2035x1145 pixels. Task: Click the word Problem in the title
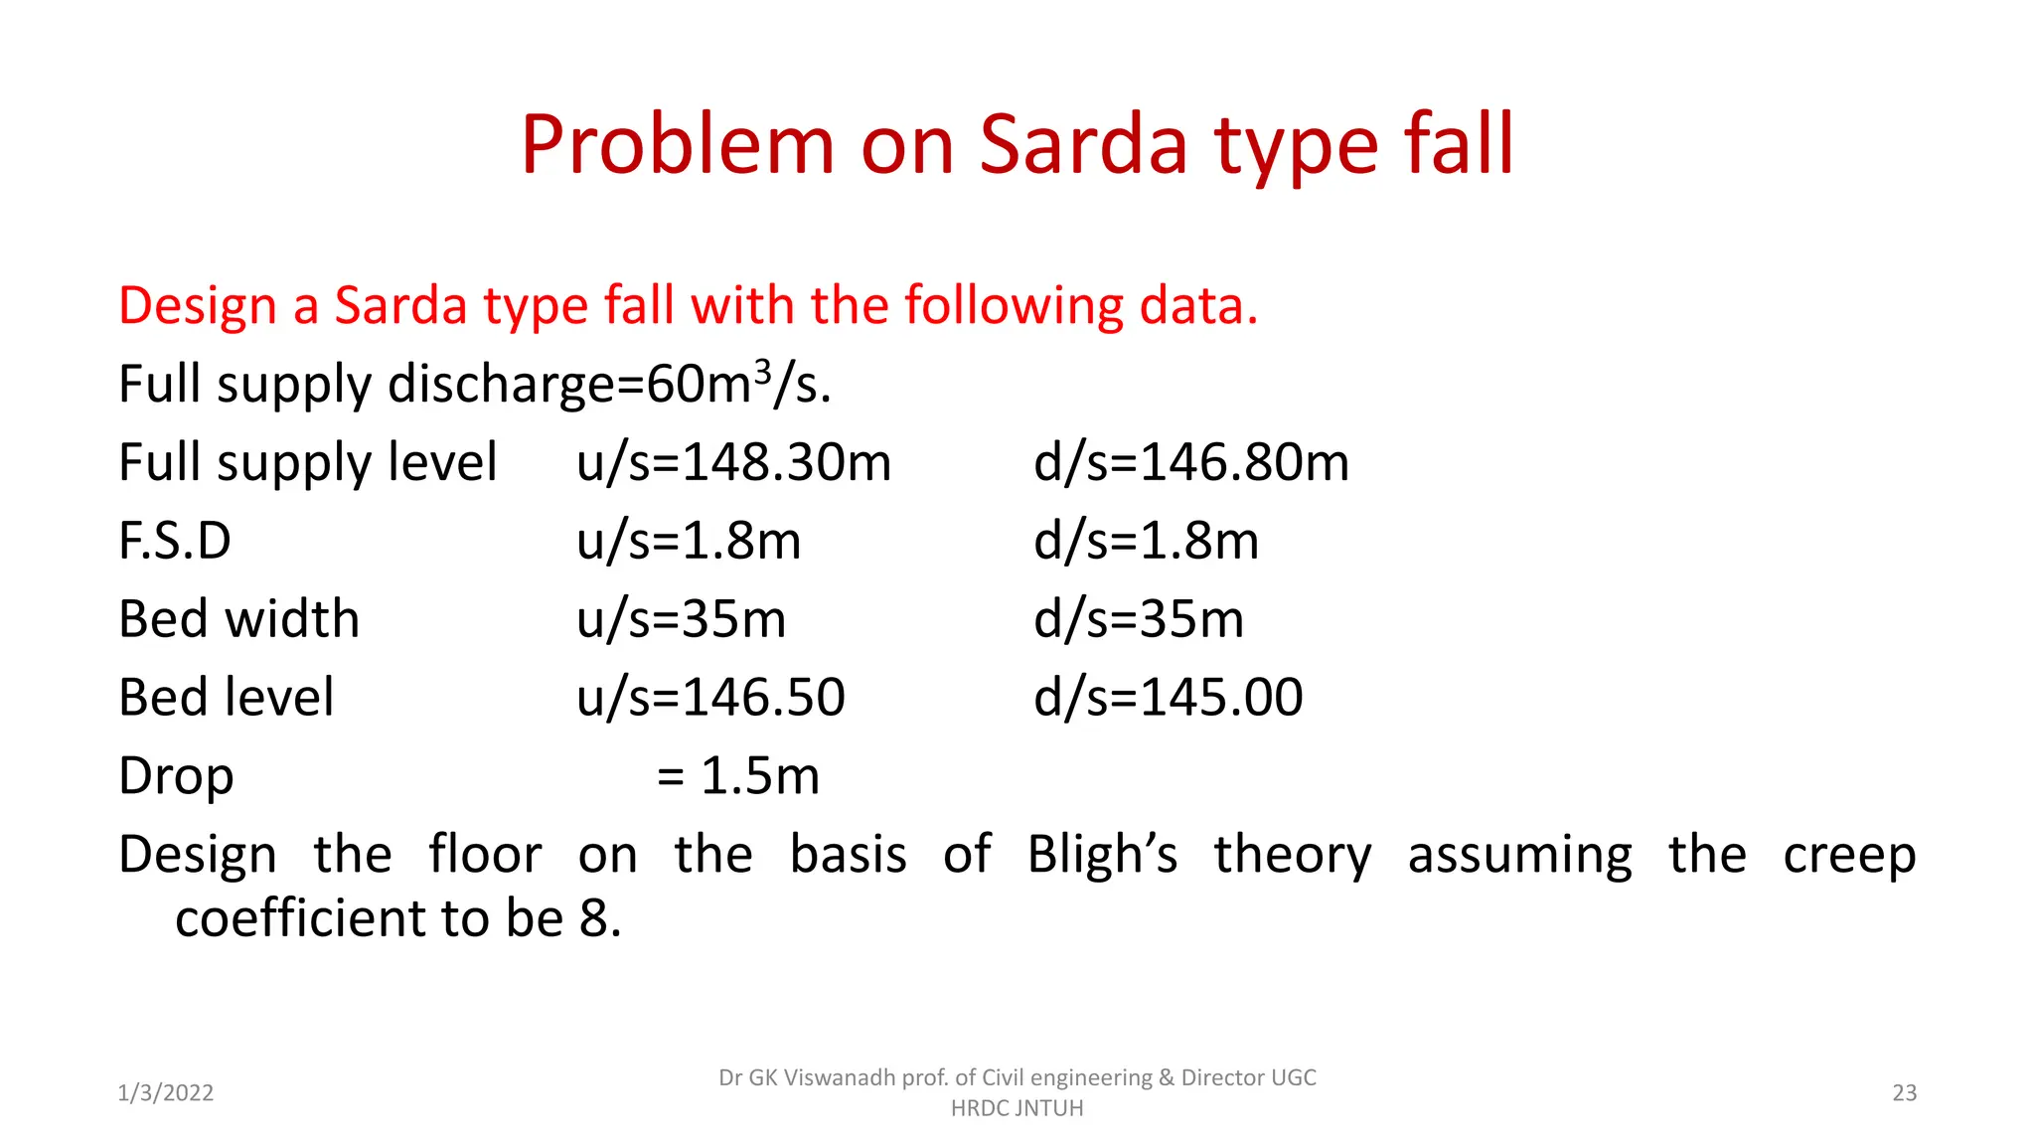point(677,145)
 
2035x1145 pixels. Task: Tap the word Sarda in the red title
point(1083,145)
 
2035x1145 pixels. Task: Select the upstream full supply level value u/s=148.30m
point(733,463)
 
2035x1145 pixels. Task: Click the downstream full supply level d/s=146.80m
point(1190,463)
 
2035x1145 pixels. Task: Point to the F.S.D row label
point(175,542)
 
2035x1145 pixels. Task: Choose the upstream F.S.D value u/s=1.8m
point(688,542)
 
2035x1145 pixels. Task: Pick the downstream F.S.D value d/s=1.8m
point(1146,542)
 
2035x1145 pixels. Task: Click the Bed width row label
point(238,619)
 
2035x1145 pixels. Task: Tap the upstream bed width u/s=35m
point(681,619)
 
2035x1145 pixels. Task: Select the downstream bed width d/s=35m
point(1139,619)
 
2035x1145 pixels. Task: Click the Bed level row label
point(227,698)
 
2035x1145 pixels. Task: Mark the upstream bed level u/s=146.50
point(710,698)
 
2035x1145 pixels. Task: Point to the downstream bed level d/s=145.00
point(1168,698)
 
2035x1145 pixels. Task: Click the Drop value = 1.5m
point(738,776)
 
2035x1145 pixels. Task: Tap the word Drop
point(176,776)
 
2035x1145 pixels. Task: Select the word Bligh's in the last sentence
point(1102,855)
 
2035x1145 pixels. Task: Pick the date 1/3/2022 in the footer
point(166,1093)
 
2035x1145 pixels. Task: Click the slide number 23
point(1904,1093)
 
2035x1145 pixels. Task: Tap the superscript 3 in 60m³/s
point(762,372)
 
